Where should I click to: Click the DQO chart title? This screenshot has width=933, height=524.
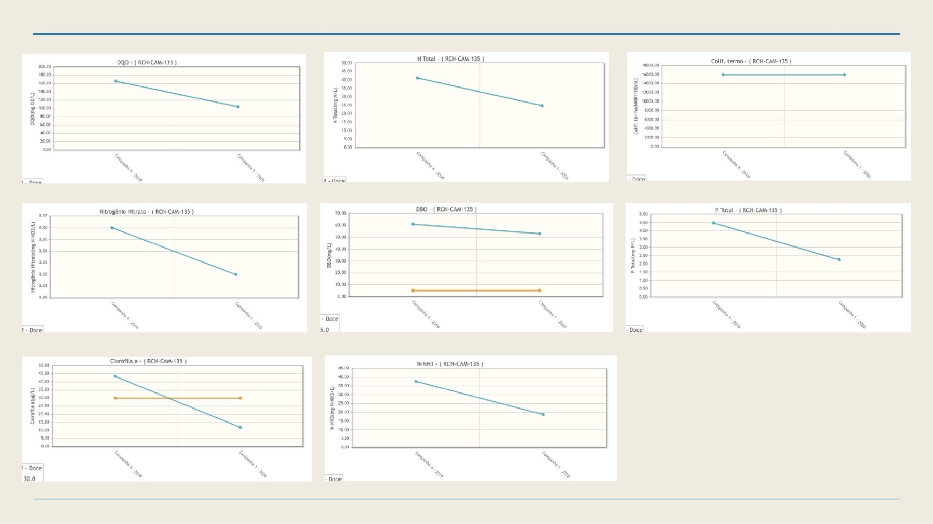click(147, 62)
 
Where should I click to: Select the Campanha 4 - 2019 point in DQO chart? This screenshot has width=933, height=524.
click(115, 81)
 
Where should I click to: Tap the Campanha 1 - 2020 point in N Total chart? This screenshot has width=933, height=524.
click(542, 106)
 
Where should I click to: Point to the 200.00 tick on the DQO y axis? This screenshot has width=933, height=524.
click(45, 67)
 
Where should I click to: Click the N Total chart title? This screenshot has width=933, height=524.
click(450, 59)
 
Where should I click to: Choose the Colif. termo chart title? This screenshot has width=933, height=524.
click(751, 61)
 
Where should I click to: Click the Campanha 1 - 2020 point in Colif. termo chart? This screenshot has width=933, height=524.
click(844, 75)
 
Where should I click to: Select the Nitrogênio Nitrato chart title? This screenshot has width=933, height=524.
click(146, 212)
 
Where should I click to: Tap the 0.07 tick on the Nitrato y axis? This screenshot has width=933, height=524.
click(43, 215)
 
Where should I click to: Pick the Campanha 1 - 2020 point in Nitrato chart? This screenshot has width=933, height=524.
click(236, 274)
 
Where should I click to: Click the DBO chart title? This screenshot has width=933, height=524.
click(446, 209)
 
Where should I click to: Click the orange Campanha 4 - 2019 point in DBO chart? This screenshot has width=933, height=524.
click(413, 290)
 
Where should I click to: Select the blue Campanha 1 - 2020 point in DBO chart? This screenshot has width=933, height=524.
click(540, 234)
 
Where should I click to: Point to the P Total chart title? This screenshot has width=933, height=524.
click(748, 210)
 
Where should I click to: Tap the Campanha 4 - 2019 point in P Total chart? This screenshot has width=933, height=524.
click(713, 223)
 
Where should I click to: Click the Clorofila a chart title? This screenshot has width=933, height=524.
click(148, 361)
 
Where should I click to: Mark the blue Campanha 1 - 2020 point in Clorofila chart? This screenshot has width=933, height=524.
click(241, 427)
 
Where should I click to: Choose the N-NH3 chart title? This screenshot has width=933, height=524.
click(449, 364)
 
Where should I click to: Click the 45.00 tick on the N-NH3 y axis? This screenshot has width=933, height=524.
click(344, 368)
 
